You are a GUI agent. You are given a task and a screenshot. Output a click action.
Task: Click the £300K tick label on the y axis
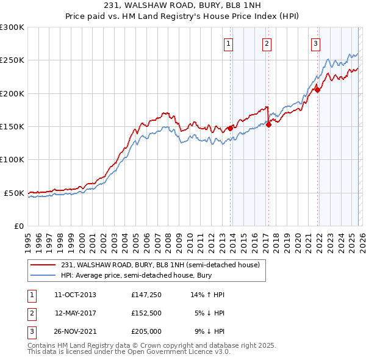(12, 27)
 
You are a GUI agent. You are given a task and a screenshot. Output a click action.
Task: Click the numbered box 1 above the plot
(228, 43)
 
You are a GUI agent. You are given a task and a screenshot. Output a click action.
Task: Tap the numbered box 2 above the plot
(267, 43)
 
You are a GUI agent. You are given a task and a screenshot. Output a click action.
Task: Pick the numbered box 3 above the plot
(315, 43)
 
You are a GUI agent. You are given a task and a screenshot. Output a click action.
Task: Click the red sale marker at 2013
(231, 128)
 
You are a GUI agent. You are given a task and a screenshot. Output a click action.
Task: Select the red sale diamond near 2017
(269, 125)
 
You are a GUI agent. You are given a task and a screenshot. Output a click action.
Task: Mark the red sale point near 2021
(318, 90)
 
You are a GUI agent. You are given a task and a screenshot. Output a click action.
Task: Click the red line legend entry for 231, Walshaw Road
(160, 265)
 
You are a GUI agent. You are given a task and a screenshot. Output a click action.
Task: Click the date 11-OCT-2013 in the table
(75, 295)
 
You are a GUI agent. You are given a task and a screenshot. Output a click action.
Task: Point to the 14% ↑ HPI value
(207, 295)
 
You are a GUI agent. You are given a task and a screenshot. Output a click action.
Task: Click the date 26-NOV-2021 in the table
(75, 331)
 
